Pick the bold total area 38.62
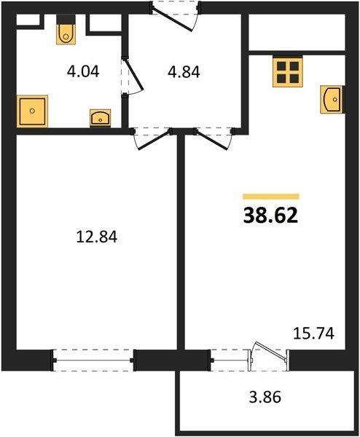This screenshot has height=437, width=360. pyautogui.click(x=270, y=216)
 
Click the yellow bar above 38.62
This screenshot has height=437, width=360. pyautogui.click(x=270, y=196)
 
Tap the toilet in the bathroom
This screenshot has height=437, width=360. pyautogui.click(x=65, y=32)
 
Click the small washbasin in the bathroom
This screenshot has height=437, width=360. pyautogui.click(x=98, y=117)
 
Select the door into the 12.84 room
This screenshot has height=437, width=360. pyautogui.click(x=150, y=138)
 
